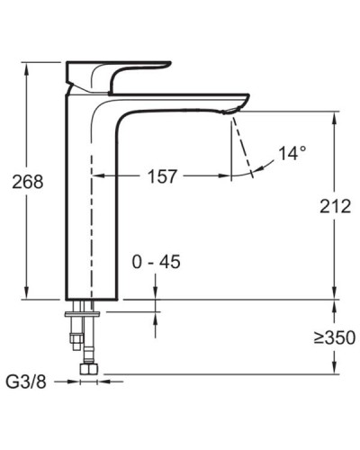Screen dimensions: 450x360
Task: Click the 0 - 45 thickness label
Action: [156, 262]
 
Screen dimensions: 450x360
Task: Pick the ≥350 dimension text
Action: [335, 338]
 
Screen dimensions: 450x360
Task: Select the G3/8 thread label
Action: [27, 382]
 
